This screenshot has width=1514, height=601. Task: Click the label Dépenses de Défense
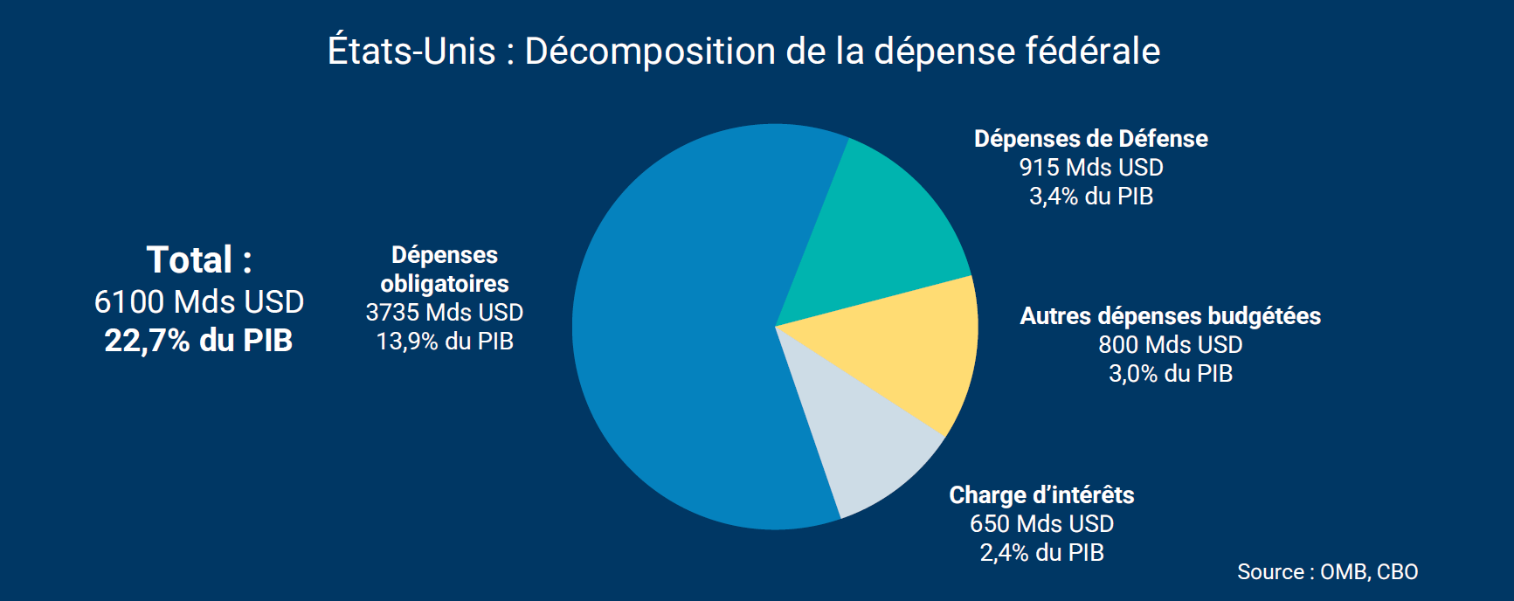1090,139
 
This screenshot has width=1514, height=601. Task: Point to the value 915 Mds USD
1090,168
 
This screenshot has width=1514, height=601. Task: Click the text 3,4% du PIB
1090,197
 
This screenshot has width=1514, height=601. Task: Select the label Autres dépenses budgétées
1170,316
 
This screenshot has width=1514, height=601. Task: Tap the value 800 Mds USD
1170,345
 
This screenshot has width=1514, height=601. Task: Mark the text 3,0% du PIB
1170,374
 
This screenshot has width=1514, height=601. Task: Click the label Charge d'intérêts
1041,495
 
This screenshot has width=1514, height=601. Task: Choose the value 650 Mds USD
1041,524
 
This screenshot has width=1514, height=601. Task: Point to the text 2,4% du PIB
1041,553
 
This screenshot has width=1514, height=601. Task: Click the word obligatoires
444,284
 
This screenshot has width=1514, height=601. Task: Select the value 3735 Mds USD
444,313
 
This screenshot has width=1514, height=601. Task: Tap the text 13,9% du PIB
444,342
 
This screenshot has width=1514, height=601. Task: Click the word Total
190,260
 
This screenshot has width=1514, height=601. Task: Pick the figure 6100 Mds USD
199,302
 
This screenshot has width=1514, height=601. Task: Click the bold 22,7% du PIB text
198,341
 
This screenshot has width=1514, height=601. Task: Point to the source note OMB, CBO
1368,572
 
